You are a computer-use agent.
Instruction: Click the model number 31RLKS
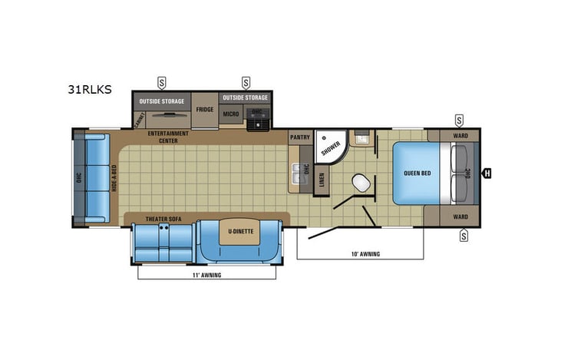89,89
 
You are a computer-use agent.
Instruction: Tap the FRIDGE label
204,110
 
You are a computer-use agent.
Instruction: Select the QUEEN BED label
417,173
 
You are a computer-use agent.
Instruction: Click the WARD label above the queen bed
460,136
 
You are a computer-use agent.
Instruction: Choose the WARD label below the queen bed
460,216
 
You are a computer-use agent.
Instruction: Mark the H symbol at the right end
487,173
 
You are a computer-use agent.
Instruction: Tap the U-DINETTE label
240,230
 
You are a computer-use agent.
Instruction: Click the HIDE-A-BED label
114,177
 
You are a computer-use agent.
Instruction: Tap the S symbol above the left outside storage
162,81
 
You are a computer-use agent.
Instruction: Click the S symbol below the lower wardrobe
464,236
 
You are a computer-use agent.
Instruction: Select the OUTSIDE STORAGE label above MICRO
246,97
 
